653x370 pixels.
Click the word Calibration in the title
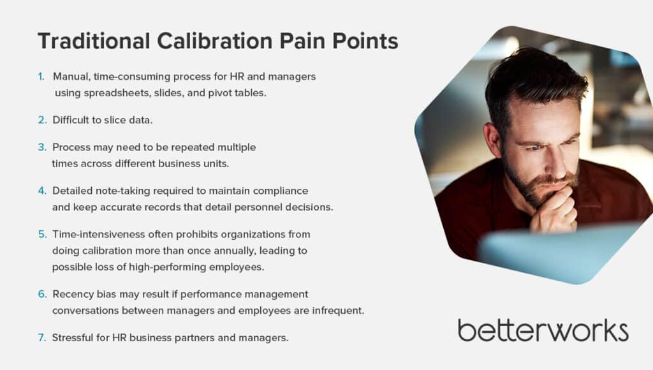coord(215,41)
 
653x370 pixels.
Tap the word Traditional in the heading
coord(94,41)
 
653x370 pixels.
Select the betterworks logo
coord(543,330)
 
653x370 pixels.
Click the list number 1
coord(41,77)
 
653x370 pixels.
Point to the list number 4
coord(42,191)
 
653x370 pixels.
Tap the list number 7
coord(42,337)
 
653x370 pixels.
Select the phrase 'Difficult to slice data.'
coord(103,120)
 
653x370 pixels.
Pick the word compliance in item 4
coord(281,191)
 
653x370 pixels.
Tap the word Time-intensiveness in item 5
coord(99,234)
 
